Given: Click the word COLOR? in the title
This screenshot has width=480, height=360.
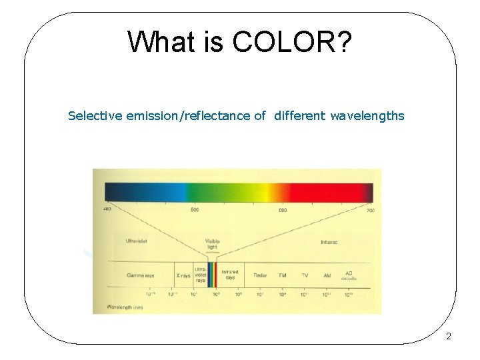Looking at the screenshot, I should tap(293, 42).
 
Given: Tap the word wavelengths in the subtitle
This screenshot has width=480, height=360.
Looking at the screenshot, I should tap(367, 116).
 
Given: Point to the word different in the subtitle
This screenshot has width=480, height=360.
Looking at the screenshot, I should tap(299, 116).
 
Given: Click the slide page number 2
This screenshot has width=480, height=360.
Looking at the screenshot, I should tap(449, 337).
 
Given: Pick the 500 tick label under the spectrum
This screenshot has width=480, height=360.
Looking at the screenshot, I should tap(195, 210).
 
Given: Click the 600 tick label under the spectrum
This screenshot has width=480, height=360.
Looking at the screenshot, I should tap(283, 210).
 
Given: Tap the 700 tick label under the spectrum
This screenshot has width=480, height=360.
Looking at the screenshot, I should tap(370, 210).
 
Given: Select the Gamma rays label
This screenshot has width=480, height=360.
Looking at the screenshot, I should tap(141, 275).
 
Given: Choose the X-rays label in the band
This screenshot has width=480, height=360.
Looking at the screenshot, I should tap(183, 275).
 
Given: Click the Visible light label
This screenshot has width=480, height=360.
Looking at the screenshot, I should tap(212, 244).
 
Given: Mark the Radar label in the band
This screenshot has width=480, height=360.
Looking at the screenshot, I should tap(260, 275).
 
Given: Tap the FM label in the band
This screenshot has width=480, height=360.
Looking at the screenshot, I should tap(283, 275).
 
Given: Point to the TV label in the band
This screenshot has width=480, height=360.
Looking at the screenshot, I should tap(305, 275).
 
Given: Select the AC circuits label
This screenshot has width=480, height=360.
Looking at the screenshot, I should tap(349, 276).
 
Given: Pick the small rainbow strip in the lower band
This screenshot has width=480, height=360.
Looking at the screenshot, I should tap(212, 275).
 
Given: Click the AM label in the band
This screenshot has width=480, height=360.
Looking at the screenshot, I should tap(327, 275).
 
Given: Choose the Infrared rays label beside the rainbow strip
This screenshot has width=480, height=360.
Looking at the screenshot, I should tap(229, 275).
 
